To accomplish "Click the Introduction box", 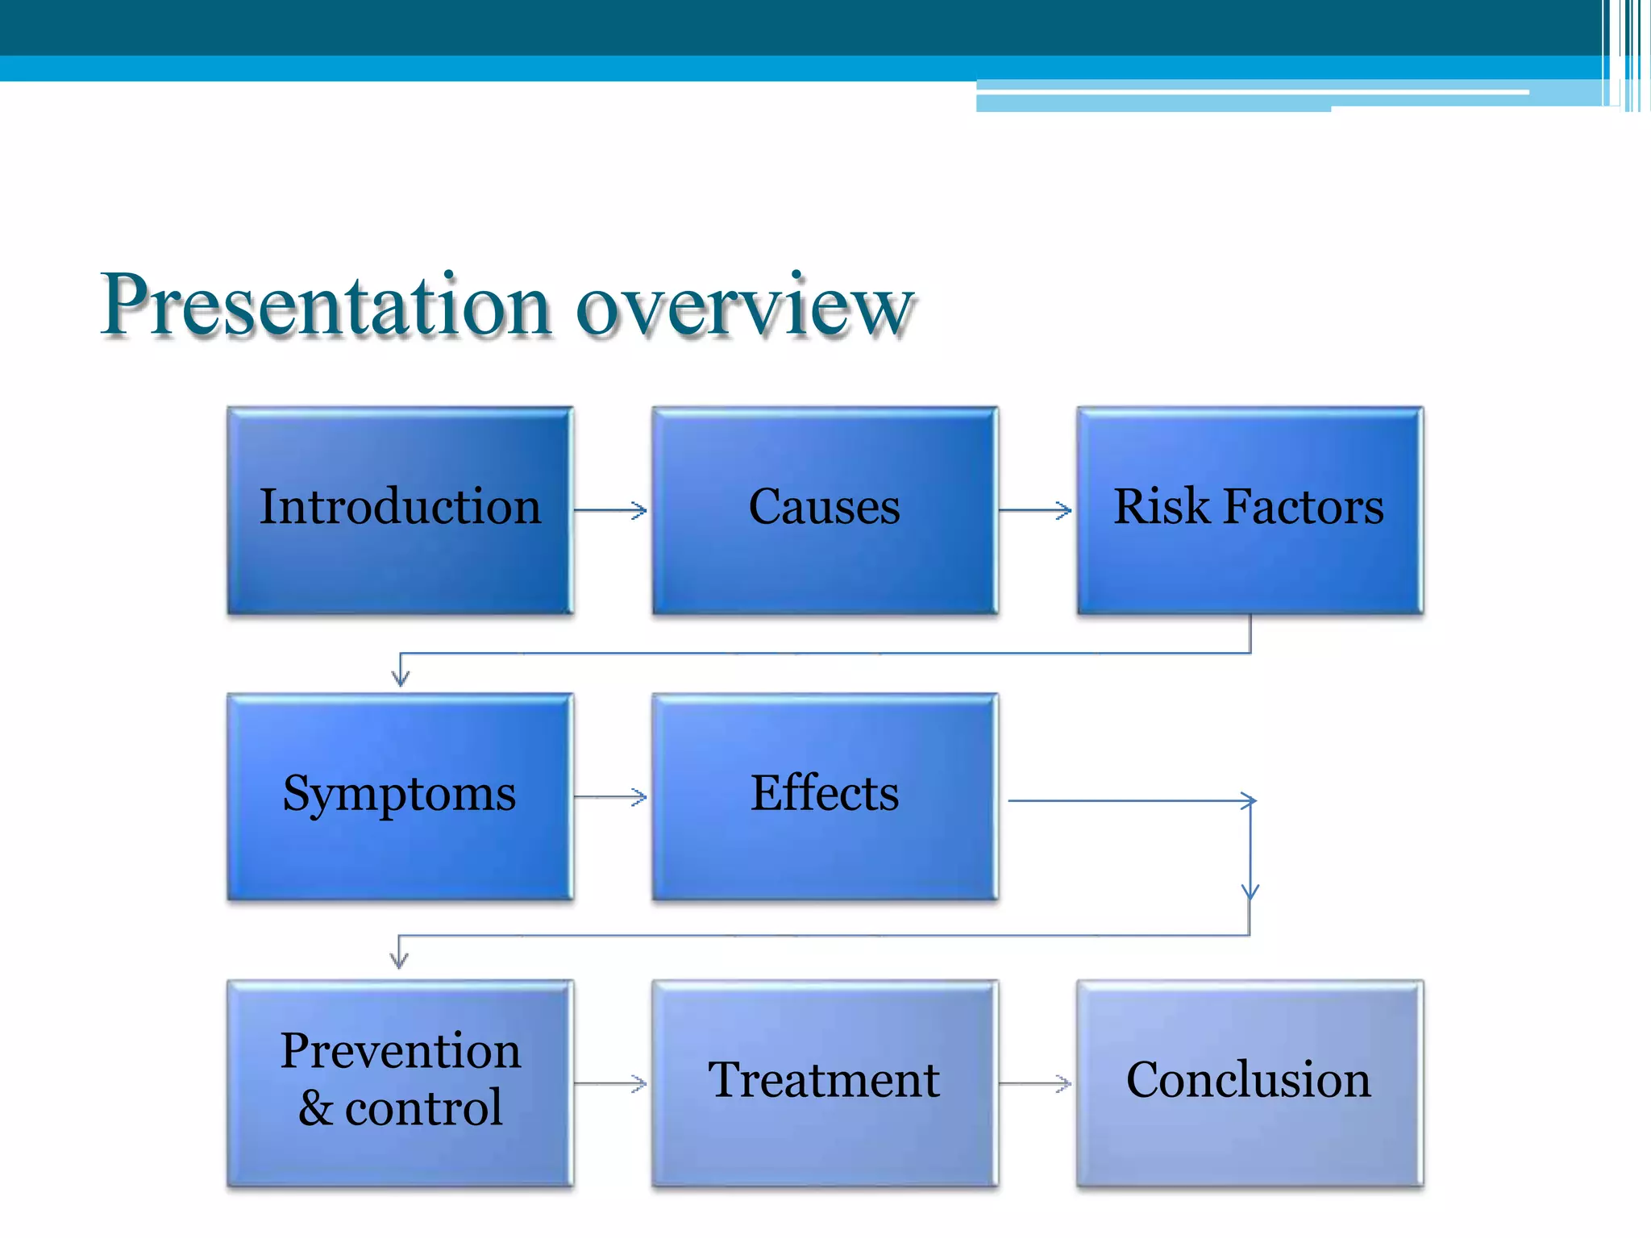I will click(x=400, y=510).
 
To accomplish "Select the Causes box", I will click(x=825, y=510).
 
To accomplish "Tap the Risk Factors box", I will click(x=1250, y=510).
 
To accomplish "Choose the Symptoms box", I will click(x=400, y=796).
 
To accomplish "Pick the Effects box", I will click(x=825, y=796).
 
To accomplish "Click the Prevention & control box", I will click(x=400, y=1082).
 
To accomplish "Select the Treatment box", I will click(x=825, y=1082).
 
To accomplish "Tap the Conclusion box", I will click(x=1250, y=1082).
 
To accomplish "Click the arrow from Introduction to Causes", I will click(x=610, y=510).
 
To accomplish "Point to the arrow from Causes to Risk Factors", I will click(x=1035, y=510).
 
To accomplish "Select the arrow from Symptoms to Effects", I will click(x=610, y=797).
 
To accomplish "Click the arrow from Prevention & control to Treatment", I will click(x=610, y=1084).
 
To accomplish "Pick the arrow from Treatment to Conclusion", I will click(x=1035, y=1084).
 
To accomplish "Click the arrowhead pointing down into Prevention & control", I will click(x=399, y=959).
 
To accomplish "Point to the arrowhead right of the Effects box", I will click(x=1249, y=801).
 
